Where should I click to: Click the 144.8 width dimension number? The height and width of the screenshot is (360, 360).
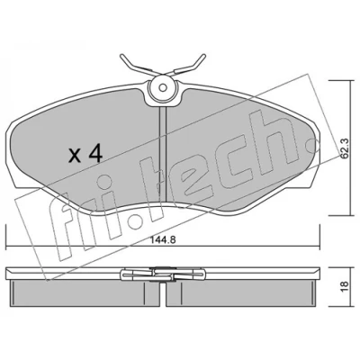(162, 239)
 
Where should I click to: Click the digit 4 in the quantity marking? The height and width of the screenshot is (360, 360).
(95, 155)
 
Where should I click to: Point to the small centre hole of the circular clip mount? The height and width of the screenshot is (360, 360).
(162, 88)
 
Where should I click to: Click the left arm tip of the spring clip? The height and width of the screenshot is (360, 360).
(121, 56)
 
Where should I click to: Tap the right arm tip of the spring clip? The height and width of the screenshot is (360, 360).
(203, 56)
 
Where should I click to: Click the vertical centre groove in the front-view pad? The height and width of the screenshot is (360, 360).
(162, 155)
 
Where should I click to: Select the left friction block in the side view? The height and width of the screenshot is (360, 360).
(85, 293)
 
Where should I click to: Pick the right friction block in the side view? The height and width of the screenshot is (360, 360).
(240, 293)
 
